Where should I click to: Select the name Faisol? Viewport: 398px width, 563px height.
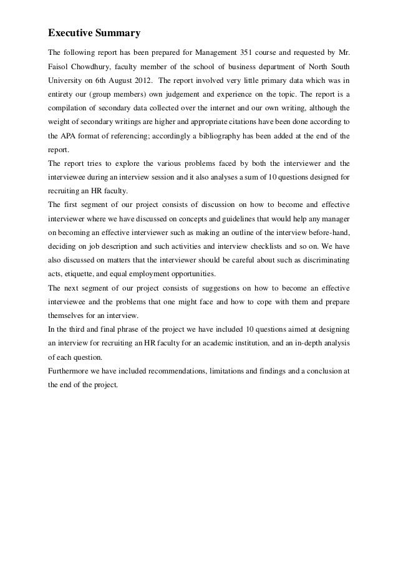(x=61, y=66)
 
